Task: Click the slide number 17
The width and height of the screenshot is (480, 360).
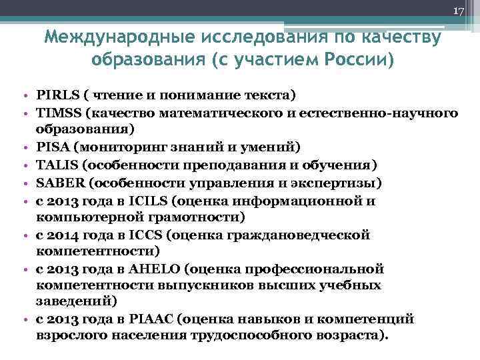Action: tap(458, 11)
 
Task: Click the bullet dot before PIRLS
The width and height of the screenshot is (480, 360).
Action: tap(24, 95)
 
